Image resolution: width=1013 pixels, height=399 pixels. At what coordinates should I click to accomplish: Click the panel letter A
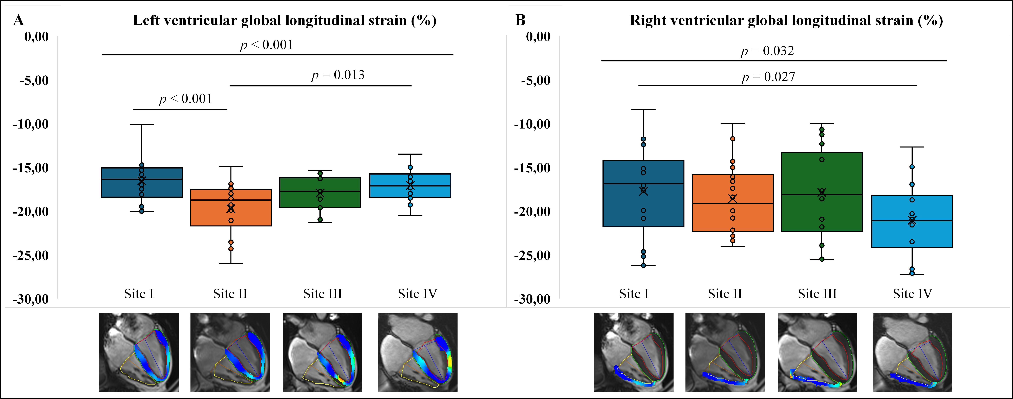pos(18,20)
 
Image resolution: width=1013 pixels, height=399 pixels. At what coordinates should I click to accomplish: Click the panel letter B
pos(520,20)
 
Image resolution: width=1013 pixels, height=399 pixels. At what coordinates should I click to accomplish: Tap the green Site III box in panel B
pos(822,173)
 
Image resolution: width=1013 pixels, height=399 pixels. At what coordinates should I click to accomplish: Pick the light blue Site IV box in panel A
pos(410,192)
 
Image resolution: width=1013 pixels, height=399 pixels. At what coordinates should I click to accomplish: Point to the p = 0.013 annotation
pos(338,75)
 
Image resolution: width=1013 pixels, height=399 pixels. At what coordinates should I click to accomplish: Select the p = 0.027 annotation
pos(768,77)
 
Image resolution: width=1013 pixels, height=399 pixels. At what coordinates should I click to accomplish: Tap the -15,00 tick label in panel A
pos(31,168)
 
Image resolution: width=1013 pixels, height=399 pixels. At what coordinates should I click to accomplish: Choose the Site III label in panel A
pos(322,293)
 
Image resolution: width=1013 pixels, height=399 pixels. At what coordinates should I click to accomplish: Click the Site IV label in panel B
pos(912,293)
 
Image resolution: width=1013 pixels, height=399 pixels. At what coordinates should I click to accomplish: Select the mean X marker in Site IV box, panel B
pos(912,220)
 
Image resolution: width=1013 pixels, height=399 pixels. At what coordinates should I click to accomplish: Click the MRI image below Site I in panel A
pos(139,352)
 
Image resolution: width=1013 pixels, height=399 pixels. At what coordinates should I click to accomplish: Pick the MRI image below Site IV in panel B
pos(912,352)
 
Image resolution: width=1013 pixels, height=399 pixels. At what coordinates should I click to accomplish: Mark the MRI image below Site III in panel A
pos(322,352)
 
